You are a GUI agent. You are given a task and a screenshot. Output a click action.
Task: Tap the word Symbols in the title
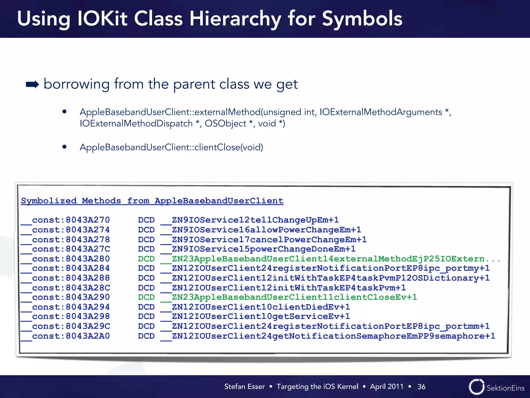[x=362, y=19]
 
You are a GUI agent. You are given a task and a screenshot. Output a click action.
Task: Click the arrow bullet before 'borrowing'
[x=32, y=84]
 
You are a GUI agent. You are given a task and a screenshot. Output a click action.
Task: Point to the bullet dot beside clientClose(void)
[x=64, y=147]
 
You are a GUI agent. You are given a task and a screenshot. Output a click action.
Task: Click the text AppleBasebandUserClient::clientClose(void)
[x=171, y=147]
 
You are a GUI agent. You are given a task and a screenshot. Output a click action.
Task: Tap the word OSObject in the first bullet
[x=225, y=123]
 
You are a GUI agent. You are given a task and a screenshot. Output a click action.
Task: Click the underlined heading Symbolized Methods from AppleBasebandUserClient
[x=152, y=201]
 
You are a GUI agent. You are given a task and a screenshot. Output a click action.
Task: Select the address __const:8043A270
[x=65, y=220]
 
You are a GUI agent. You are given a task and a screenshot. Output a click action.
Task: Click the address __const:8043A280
[x=65, y=259]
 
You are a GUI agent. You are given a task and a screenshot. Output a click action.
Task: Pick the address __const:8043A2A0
[x=65, y=336]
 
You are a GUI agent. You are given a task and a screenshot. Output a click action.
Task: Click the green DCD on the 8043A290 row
[x=146, y=297]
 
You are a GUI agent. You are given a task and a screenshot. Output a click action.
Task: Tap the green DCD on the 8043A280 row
[x=146, y=259]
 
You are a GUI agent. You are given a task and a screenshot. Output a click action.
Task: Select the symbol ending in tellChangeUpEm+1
[x=250, y=220]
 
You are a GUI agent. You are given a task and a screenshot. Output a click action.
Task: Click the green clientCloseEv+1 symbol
[x=289, y=297]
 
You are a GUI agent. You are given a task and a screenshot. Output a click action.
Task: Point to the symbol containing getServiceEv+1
[x=255, y=316]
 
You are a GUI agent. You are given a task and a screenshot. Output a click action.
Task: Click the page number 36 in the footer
[x=421, y=387]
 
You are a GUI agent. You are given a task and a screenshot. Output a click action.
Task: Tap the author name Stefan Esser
[x=244, y=387]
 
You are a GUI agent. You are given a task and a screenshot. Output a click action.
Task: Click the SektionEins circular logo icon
[x=476, y=387]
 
